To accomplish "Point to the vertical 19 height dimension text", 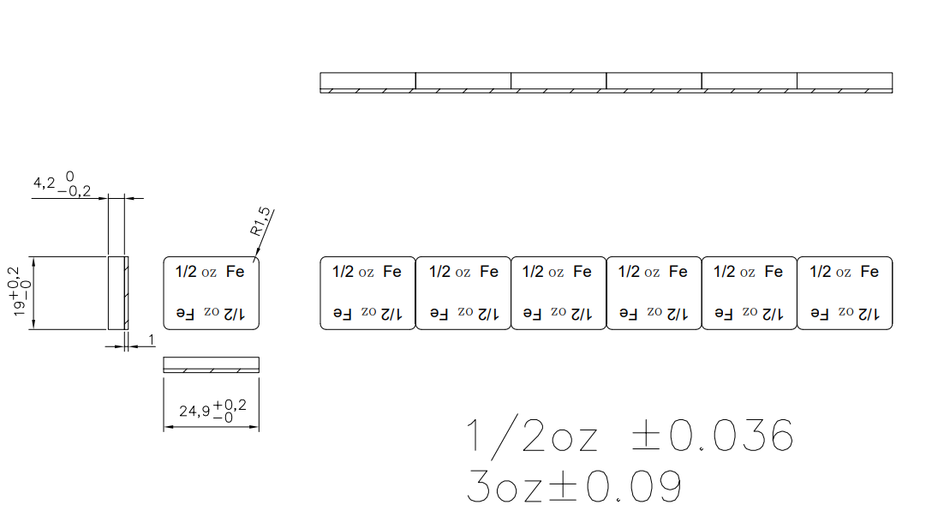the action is tap(21, 291).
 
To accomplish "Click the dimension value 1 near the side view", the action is tap(152, 340).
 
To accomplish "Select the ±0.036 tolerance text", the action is tap(712, 435).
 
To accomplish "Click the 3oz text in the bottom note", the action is tap(505, 486).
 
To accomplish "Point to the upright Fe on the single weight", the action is tap(236, 272).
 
